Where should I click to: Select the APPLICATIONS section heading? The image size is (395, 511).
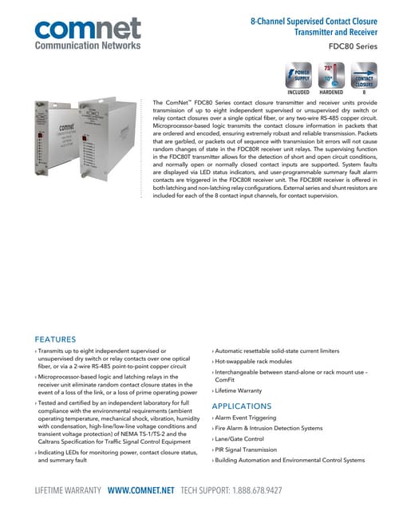click(x=245, y=406)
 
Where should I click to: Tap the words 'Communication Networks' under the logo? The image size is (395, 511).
click(x=87, y=47)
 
